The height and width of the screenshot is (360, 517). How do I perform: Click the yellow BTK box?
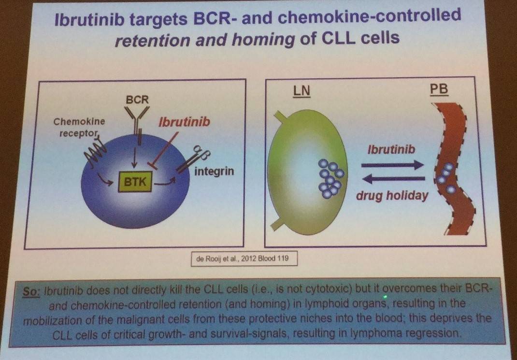135,181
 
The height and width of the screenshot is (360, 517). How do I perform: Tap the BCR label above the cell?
138,100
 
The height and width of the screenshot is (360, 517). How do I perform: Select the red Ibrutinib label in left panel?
184,122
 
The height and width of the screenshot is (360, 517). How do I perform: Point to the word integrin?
214,172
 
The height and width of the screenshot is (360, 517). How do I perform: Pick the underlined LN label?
302,91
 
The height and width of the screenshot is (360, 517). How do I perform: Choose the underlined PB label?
440,90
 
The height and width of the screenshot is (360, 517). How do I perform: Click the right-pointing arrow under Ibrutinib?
392,165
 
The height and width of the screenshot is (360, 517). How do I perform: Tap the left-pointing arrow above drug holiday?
393,179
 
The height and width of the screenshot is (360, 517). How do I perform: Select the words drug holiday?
392,196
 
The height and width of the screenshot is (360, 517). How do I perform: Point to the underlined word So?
32,291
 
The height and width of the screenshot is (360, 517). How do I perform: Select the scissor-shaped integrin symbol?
193,159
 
